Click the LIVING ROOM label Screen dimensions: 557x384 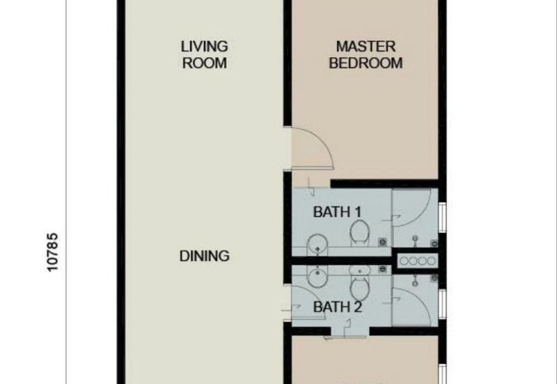204,55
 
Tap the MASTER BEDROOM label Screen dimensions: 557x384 366,55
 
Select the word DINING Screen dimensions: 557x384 204,256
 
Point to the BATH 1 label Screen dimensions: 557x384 337,212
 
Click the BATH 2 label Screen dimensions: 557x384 338,307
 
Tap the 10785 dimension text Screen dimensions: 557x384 52,253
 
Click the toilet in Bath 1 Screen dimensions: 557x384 360,233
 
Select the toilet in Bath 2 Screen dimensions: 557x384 360,283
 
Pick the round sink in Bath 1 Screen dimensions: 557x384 317,243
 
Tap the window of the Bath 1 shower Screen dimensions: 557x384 442,217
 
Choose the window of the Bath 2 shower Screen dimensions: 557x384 442,304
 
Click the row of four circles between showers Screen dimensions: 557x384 417,261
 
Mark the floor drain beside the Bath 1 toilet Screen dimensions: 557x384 382,242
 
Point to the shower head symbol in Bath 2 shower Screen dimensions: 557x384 415,280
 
